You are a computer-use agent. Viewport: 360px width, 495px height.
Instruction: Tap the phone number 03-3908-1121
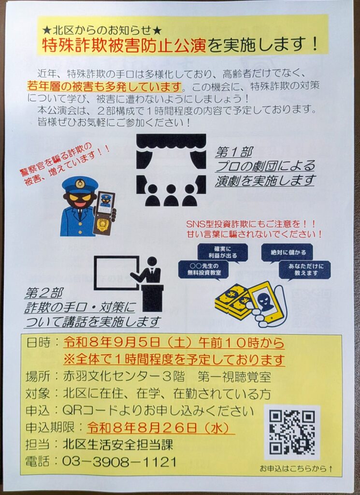coord(119,462)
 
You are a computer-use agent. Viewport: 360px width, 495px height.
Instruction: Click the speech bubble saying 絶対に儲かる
coord(288,252)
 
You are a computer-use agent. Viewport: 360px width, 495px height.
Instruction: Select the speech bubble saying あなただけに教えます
coord(305,270)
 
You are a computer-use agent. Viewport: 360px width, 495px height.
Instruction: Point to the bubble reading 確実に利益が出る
coord(222,252)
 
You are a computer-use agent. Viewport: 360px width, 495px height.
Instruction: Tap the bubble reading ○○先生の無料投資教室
coord(203,270)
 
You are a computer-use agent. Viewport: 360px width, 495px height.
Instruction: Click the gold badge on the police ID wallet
coord(103,224)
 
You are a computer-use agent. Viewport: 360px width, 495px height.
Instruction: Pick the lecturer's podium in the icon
coord(153,298)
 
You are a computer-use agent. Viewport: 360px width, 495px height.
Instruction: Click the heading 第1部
coord(234,152)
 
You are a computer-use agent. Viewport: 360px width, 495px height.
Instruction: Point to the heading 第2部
coord(44,293)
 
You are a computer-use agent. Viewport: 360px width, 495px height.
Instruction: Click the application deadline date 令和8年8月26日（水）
coord(159,428)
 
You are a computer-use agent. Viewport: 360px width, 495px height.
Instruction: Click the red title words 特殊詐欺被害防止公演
coord(124,45)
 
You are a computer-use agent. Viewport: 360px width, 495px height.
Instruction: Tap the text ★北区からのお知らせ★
coord(102,30)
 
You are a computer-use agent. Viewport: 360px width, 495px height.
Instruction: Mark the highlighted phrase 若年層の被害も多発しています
coord(105,86)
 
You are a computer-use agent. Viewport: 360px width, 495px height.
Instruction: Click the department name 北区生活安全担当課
coord(118,445)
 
